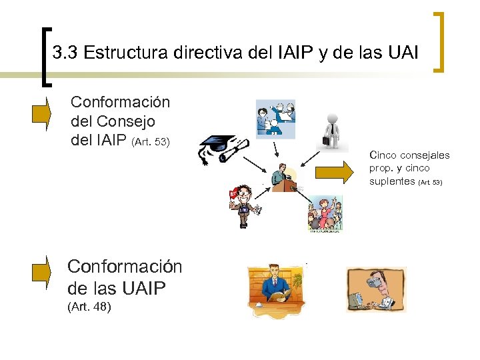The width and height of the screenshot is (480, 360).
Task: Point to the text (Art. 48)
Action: coord(89,307)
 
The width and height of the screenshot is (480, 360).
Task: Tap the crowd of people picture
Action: coord(325,213)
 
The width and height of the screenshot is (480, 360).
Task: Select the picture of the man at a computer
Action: coord(375,289)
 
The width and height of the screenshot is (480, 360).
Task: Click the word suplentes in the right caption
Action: coord(391,181)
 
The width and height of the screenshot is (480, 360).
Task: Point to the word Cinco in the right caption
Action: coord(383,155)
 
